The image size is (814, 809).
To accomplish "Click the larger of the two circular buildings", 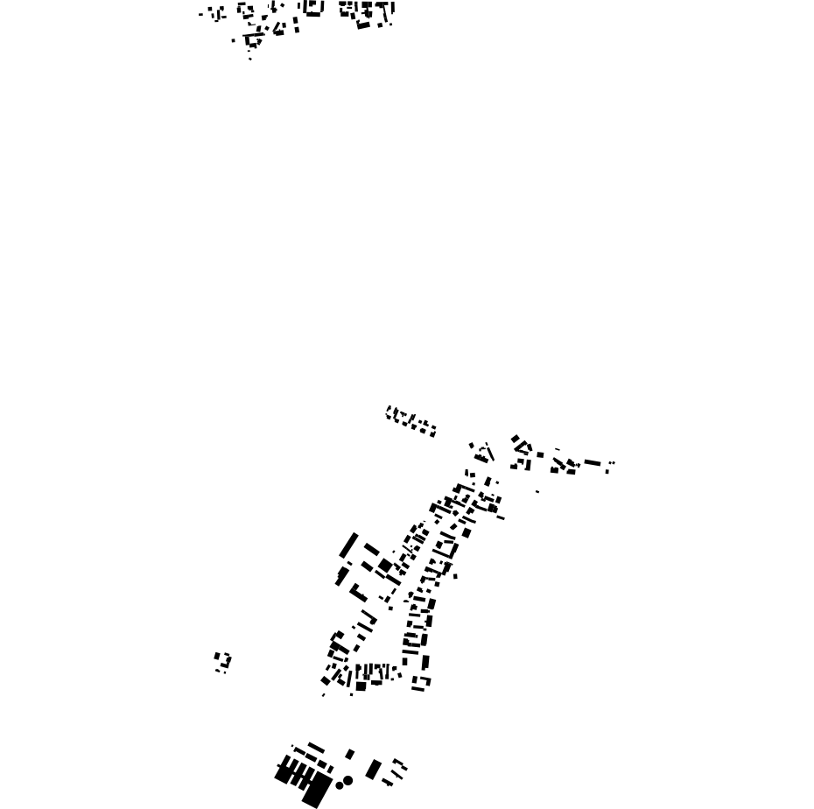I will (x=348, y=779).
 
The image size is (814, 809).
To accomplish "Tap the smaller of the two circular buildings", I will (x=339, y=784).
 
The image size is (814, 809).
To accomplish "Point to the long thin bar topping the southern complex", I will (x=315, y=748).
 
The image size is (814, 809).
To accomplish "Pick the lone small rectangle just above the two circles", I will (x=350, y=754).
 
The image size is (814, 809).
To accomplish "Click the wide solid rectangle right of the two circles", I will (x=374, y=770).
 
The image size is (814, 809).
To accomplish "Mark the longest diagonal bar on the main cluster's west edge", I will (x=349, y=545).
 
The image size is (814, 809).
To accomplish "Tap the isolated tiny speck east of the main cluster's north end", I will (x=537, y=491).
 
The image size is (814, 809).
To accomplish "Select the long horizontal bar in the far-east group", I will (x=593, y=462).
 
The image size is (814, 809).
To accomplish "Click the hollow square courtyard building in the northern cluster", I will (x=313, y=9).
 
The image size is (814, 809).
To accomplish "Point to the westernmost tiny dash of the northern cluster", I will (x=200, y=14).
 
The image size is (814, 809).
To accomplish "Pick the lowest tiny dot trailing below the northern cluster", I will (x=250, y=60).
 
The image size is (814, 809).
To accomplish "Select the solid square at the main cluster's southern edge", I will (x=361, y=686).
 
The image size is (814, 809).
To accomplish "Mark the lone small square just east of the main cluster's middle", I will (x=455, y=576).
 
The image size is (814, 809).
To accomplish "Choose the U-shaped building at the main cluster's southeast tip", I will (x=422, y=683).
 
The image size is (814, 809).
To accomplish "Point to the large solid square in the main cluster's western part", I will (x=384, y=566).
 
